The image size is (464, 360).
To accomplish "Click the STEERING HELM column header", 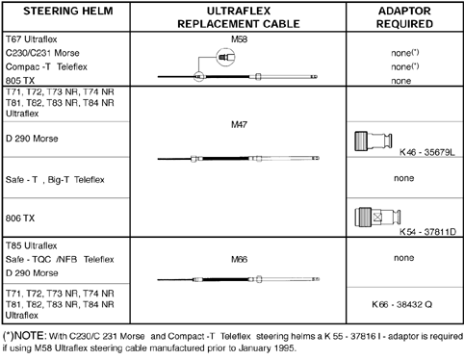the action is click(68, 12).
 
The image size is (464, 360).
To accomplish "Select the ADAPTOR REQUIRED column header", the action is click(404, 17).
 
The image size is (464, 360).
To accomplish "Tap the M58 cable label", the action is click(239, 39).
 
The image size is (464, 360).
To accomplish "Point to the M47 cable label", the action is click(239, 124).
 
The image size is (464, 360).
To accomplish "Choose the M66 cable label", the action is click(239, 259).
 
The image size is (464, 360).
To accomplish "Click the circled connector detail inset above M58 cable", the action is click(225, 58).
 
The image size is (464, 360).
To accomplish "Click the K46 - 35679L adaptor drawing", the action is click(374, 141).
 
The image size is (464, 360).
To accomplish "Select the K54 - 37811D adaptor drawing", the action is click(377, 217).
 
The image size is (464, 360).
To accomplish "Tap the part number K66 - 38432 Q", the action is click(401, 304).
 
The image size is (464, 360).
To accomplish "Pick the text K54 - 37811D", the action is click(427, 231).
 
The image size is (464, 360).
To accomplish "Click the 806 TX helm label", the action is click(20, 219).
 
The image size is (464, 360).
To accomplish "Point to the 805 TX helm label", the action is click(20, 81).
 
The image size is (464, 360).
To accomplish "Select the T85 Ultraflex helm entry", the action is click(31, 245).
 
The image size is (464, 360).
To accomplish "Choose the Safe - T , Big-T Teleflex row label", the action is click(55, 180).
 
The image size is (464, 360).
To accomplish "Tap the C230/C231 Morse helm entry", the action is click(42, 53).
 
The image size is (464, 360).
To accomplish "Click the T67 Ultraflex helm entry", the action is click(31, 39).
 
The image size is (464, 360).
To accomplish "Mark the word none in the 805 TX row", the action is click(401, 81).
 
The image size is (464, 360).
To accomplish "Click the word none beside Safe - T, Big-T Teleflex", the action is click(404, 178).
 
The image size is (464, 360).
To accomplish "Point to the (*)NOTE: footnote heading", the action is click(25, 336).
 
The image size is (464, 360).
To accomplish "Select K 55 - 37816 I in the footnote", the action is click(354, 336).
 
